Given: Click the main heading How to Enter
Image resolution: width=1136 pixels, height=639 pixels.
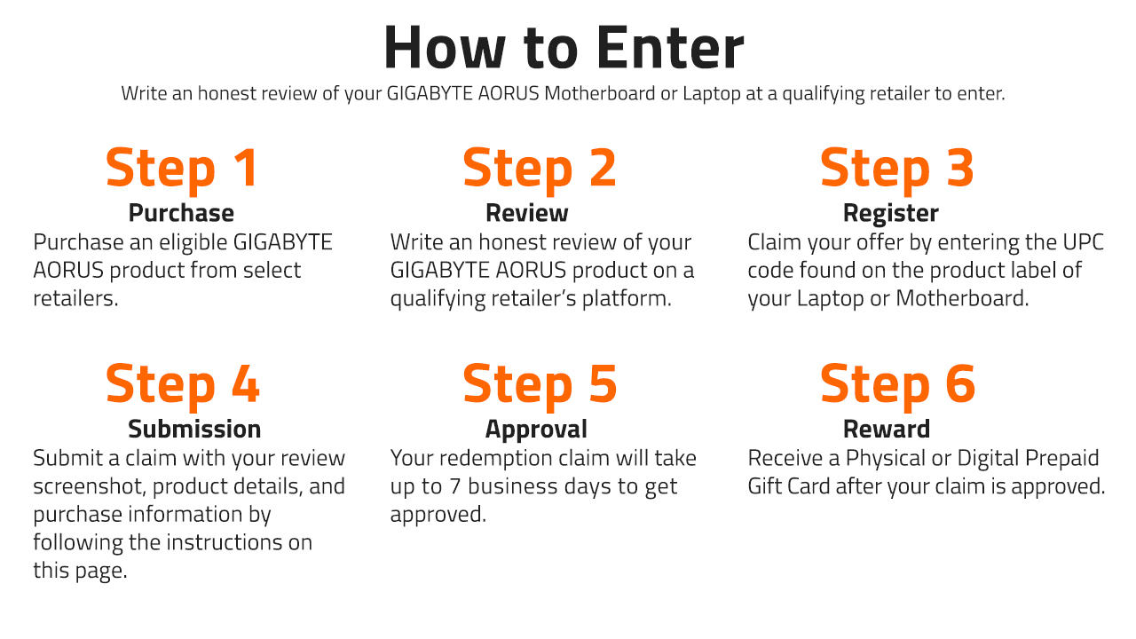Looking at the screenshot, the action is pos(564,47).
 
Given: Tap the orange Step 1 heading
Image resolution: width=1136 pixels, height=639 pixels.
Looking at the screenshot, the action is pos(182,170).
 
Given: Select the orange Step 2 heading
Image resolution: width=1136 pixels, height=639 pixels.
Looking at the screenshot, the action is pos(540,170).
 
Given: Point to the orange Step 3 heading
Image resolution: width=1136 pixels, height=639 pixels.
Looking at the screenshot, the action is pos(896,170).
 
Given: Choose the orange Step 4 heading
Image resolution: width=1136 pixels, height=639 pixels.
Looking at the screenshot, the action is pos(183,385).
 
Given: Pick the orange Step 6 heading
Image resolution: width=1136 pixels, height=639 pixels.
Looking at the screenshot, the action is pos(897,385).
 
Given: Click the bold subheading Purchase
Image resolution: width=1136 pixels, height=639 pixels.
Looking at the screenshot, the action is pos(181,213).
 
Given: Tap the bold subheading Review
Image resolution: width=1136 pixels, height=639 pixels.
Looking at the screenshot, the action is pos(527,213).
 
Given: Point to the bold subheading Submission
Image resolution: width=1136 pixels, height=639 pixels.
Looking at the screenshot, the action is pos(194,429).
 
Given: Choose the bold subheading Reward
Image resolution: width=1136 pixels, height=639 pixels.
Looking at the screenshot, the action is pos(887,429).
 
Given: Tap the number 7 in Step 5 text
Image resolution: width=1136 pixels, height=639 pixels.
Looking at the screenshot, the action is pos(455,486).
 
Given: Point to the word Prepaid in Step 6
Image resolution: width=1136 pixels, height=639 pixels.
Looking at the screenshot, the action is pos(1062,459).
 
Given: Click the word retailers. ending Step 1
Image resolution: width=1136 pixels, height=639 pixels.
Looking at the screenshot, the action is pos(75,298).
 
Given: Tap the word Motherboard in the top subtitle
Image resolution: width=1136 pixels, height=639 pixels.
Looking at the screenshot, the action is pos(599,93).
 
